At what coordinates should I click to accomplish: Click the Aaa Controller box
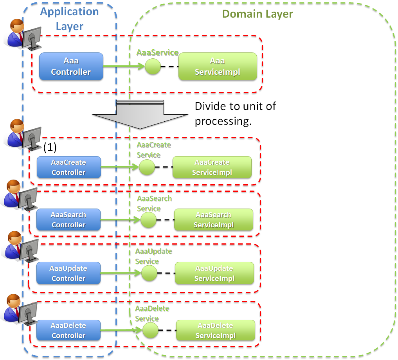tap(71, 67)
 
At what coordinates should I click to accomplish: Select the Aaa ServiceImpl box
tap(218, 67)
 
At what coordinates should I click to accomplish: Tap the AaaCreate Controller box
tap(68, 167)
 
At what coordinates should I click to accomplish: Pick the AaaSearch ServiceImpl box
tap(213, 220)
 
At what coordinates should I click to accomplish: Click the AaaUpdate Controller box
tap(68, 273)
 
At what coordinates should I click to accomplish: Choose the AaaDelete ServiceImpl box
tap(215, 331)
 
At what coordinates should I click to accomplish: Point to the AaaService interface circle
tap(153, 67)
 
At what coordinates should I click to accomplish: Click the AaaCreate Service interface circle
tap(147, 167)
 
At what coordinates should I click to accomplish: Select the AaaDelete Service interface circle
tap(150, 331)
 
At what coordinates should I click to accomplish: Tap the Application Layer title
tap(70, 19)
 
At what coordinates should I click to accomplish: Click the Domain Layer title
tap(258, 14)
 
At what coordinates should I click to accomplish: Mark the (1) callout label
tap(50, 147)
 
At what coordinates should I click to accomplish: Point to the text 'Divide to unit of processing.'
tap(235, 113)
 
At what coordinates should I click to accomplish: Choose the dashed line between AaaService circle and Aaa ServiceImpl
tap(169, 67)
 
